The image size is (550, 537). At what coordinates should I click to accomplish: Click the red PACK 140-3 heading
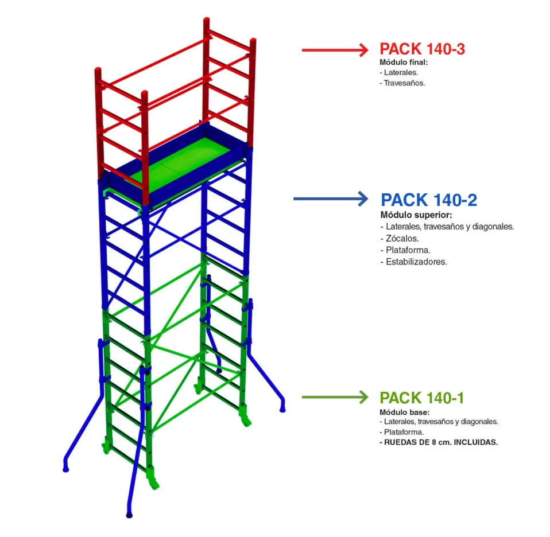click(x=422, y=49)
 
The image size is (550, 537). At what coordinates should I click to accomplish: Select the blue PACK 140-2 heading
click(x=429, y=200)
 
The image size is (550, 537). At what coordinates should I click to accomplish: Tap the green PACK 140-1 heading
click(x=421, y=398)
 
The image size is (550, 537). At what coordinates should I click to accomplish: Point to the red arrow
click(x=335, y=50)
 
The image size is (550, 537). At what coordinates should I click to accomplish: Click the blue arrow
click(x=331, y=199)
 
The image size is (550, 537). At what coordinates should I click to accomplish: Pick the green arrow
click(x=335, y=397)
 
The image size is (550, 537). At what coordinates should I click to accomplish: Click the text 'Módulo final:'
click(x=404, y=63)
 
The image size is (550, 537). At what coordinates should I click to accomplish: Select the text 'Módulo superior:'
click(x=416, y=215)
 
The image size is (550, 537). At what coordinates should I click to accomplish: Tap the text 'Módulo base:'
click(x=404, y=412)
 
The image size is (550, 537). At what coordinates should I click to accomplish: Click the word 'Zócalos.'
click(x=402, y=238)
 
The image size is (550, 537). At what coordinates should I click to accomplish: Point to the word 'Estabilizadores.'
click(x=416, y=262)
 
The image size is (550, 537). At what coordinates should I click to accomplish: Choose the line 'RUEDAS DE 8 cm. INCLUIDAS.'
click(x=441, y=442)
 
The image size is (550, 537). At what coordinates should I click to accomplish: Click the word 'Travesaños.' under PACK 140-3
click(x=404, y=83)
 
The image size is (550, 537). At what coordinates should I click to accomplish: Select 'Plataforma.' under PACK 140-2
click(x=408, y=250)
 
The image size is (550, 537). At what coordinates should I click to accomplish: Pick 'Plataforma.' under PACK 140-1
click(x=404, y=432)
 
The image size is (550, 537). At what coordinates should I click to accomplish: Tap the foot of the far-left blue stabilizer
click(x=65, y=469)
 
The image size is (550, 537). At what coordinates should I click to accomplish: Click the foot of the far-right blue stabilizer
click(x=282, y=409)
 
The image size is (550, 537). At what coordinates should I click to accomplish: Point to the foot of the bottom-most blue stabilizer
click(x=129, y=515)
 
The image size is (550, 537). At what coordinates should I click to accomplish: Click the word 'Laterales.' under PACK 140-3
click(x=401, y=72)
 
